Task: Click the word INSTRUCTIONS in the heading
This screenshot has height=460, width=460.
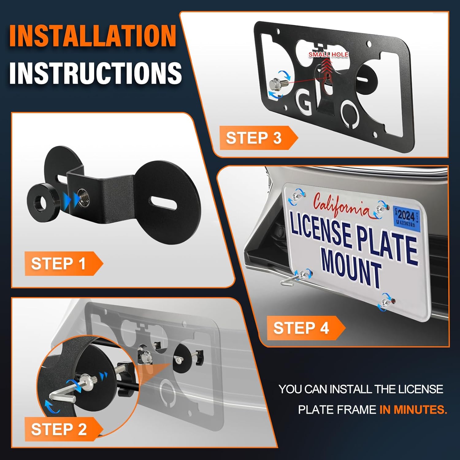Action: pyautogui.click(x=95, y=73)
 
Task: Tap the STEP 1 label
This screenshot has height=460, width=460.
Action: pyautogui.click(x=58, y=264)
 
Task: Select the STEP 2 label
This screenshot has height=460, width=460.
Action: pyautogui.click(x=59, y=429)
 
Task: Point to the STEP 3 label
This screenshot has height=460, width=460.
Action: pyautogui.click(x=254, y=138)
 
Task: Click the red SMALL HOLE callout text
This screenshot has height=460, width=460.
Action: pyautogui.click(x=328, y=55)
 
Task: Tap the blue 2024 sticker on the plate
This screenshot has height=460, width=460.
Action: pyautogui.click(x=406, y=217)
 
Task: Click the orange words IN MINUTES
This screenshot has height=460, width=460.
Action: pyautogui.click(x=413, y=410)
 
